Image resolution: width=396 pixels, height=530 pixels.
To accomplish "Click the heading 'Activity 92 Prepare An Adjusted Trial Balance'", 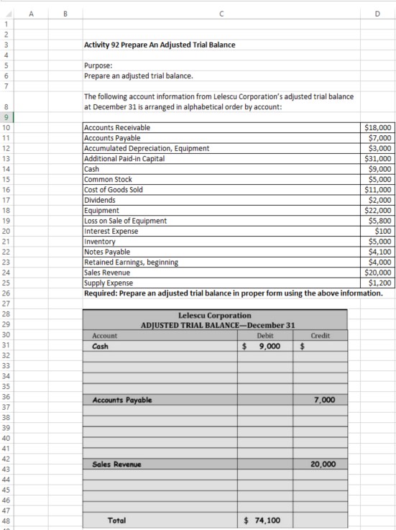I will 160,45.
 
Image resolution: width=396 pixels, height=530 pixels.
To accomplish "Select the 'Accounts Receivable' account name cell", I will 117,128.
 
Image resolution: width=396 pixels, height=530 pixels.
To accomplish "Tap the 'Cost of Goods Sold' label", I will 114,190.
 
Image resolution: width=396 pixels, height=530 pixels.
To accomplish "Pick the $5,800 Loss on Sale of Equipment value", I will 379,221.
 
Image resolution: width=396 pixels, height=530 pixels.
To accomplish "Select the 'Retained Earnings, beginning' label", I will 131,262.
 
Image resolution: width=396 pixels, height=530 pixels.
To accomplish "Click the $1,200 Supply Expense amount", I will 379,283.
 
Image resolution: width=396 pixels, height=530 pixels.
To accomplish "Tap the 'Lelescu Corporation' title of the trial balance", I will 214,316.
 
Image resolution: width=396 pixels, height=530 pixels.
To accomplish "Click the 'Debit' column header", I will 264,336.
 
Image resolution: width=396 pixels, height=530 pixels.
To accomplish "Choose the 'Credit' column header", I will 320,336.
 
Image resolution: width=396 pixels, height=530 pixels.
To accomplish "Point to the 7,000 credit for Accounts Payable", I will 323,400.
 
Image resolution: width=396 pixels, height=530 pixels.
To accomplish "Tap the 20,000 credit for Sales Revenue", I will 323,465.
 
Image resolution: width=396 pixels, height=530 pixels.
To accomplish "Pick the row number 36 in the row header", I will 6,397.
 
